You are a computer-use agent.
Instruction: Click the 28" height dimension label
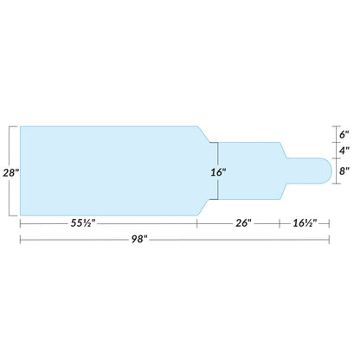(x=10, y=171)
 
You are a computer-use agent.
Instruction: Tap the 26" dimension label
(x=243, y=222)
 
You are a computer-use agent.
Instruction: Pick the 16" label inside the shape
(x=216, y=171)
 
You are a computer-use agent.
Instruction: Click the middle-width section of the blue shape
(x=251, y=171)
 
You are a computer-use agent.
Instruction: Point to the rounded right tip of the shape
(x=329, y=171)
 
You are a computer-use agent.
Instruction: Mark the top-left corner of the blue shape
(x=20, y=127)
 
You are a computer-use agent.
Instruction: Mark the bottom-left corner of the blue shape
(x=20, y=215)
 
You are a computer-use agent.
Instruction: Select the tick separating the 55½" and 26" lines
(x=198, y=222)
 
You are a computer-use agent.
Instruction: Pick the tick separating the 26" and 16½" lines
(x=280, y=222)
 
